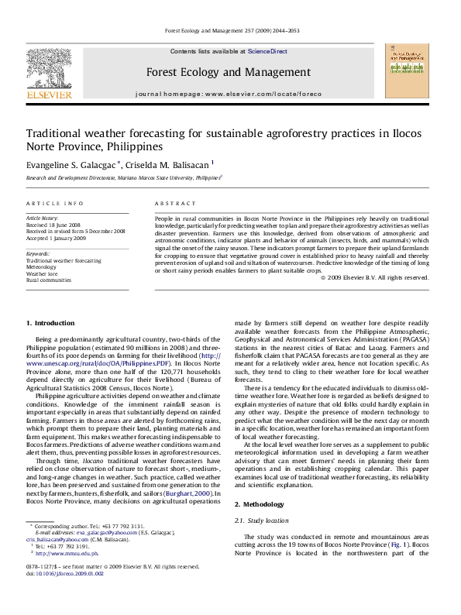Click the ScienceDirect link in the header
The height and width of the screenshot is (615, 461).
click(x=267, y=51)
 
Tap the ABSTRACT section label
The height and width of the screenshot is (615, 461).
click(x=175, y=203)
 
